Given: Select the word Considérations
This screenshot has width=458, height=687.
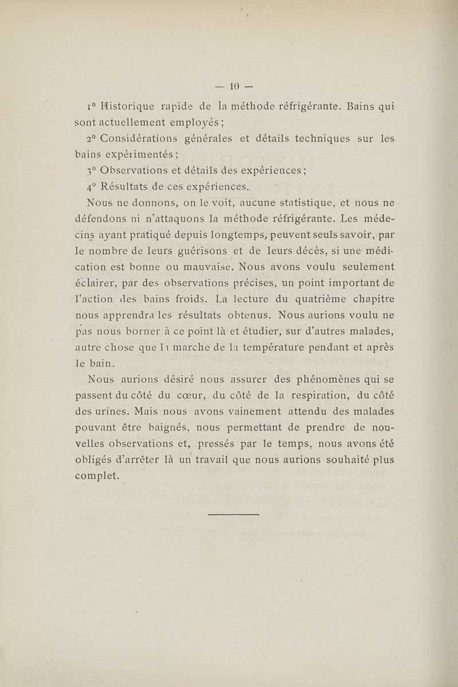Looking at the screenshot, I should coord(143,139).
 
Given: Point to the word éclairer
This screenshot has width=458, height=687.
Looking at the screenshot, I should coord(96,283).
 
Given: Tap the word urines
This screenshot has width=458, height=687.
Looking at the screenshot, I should coord(122,412).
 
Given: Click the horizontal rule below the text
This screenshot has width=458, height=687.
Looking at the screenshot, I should coord(234,515).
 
